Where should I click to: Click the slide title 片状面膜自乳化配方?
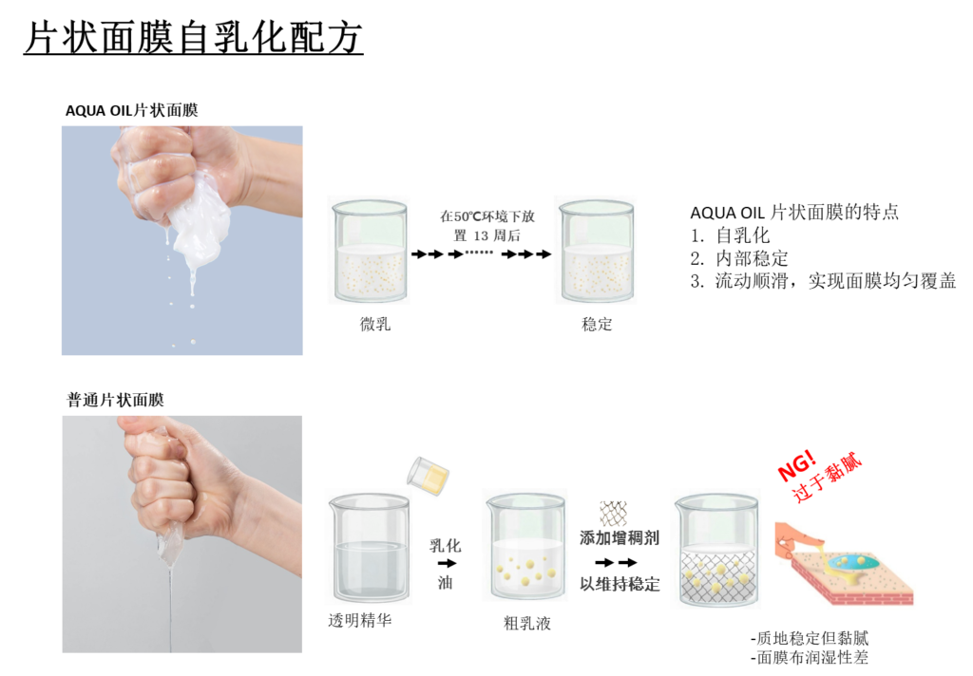pyautogui.click(x=193, y=37)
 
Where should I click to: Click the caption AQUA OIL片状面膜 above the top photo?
pyautogui.click(x=131, y=110)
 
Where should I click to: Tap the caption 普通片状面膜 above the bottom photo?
pyautogui.click(x=115, y=400)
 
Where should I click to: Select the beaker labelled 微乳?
pyautogui.click(x=370, y=251)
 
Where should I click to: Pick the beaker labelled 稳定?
pyautogui.click(x=597, y=251)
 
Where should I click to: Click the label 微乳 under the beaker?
pyautogui.click(x=375, y=324)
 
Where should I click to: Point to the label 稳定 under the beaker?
pyautogui.click(x=597, y=324)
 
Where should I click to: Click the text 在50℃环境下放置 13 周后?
pyautogui.click(x=487, y=226)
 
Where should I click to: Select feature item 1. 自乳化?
pyautogui.click(x=730, y=235)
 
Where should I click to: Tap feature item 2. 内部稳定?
pyautogui.click(x=739, y=258)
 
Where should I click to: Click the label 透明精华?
pyautogui.click(x=360, y=620)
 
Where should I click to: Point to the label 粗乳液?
pyautogui.click(x=526, y=623)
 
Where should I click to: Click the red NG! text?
pyautogui.click(x=797, y=465)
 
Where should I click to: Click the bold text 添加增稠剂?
pyautogui.click(x=620, y=537)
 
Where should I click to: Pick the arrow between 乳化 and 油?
pyautogui.click(x=447, y=563)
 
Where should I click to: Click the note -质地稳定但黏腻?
pyautogui.click(x=810, y=638)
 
